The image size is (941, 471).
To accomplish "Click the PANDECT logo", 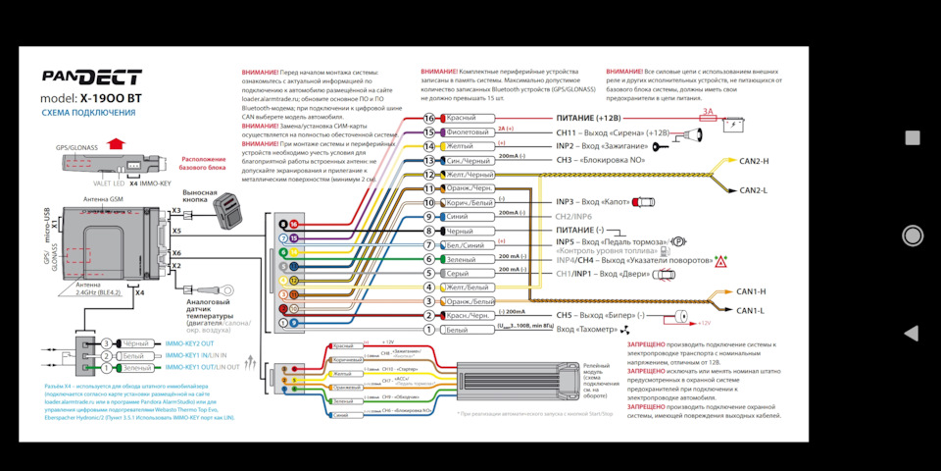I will (91, 78).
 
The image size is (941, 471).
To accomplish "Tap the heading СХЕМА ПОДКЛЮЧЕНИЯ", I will (88, 113).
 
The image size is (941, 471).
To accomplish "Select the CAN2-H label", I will (753, 161).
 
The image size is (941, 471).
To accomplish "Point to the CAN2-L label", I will (753, 189).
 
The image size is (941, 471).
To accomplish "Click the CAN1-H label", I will (751, 291).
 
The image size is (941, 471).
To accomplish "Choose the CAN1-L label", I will (751, 310).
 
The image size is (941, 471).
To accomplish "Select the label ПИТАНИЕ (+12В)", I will (588, 118).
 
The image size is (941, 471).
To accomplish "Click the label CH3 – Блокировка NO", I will (599, 160).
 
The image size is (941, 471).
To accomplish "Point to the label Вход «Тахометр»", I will (592, 330).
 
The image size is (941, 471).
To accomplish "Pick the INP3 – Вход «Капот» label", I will (594, 202).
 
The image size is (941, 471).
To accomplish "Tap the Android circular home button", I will (913, 235).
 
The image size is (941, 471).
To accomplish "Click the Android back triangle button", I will (912, 334).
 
